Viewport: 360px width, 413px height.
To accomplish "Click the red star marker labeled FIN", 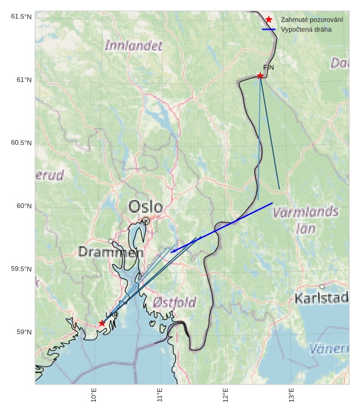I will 260,76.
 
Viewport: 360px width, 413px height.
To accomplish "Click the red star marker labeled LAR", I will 102,323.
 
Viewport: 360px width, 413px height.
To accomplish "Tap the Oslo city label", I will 146,206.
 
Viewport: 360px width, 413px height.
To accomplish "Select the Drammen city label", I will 110,252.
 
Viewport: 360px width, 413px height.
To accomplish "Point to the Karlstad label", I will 321,298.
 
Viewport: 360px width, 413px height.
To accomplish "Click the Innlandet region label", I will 134,45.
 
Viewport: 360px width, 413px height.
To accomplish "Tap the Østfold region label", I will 175,302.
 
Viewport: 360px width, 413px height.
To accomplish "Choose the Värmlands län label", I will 305,220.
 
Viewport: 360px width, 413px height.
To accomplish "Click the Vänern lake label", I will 329,349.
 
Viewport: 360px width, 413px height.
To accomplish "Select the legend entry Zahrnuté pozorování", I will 311,20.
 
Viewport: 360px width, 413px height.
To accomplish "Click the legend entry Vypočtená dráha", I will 306,29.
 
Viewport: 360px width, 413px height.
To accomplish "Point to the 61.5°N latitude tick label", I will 21,16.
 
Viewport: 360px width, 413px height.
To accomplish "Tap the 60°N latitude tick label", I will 24,206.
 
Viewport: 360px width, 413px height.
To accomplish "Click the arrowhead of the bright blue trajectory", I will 172,251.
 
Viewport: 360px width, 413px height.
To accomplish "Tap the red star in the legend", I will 269,20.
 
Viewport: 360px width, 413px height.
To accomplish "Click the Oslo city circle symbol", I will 146,221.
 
